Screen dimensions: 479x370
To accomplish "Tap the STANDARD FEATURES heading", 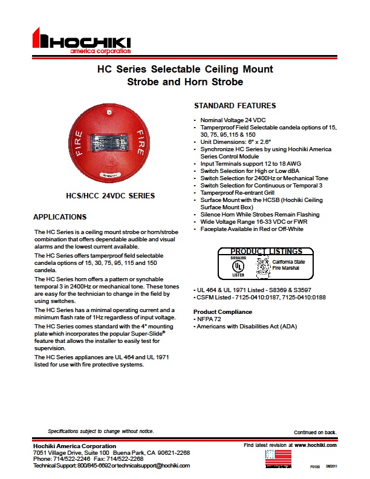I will click(235, 106).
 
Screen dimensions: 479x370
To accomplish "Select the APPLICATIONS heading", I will click(60, 217).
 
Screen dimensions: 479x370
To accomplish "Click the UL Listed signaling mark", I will click(240, 267).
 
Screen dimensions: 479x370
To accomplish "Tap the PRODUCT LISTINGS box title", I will click(267, 252).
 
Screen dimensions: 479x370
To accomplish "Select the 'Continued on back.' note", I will click(315, 432).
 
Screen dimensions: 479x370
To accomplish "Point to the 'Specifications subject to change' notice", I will click(101, 431).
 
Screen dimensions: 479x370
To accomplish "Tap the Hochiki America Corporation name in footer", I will click(74, 446).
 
